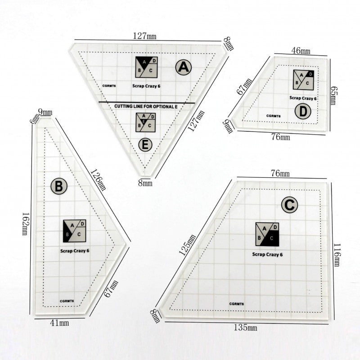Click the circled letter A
184,67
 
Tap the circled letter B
59,186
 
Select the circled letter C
289,205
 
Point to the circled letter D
303,111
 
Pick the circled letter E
145,145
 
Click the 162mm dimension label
25,224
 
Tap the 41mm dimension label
59,323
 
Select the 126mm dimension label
99,180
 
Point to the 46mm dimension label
301,51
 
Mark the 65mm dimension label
333,95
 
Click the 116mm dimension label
337,255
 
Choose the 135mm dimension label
245,327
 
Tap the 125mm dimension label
187,245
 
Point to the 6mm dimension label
35,119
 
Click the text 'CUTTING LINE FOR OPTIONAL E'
146,107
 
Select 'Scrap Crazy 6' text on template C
267,254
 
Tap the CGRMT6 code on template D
273,116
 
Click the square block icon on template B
74,231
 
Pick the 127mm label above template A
144,36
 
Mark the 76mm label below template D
280,137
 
